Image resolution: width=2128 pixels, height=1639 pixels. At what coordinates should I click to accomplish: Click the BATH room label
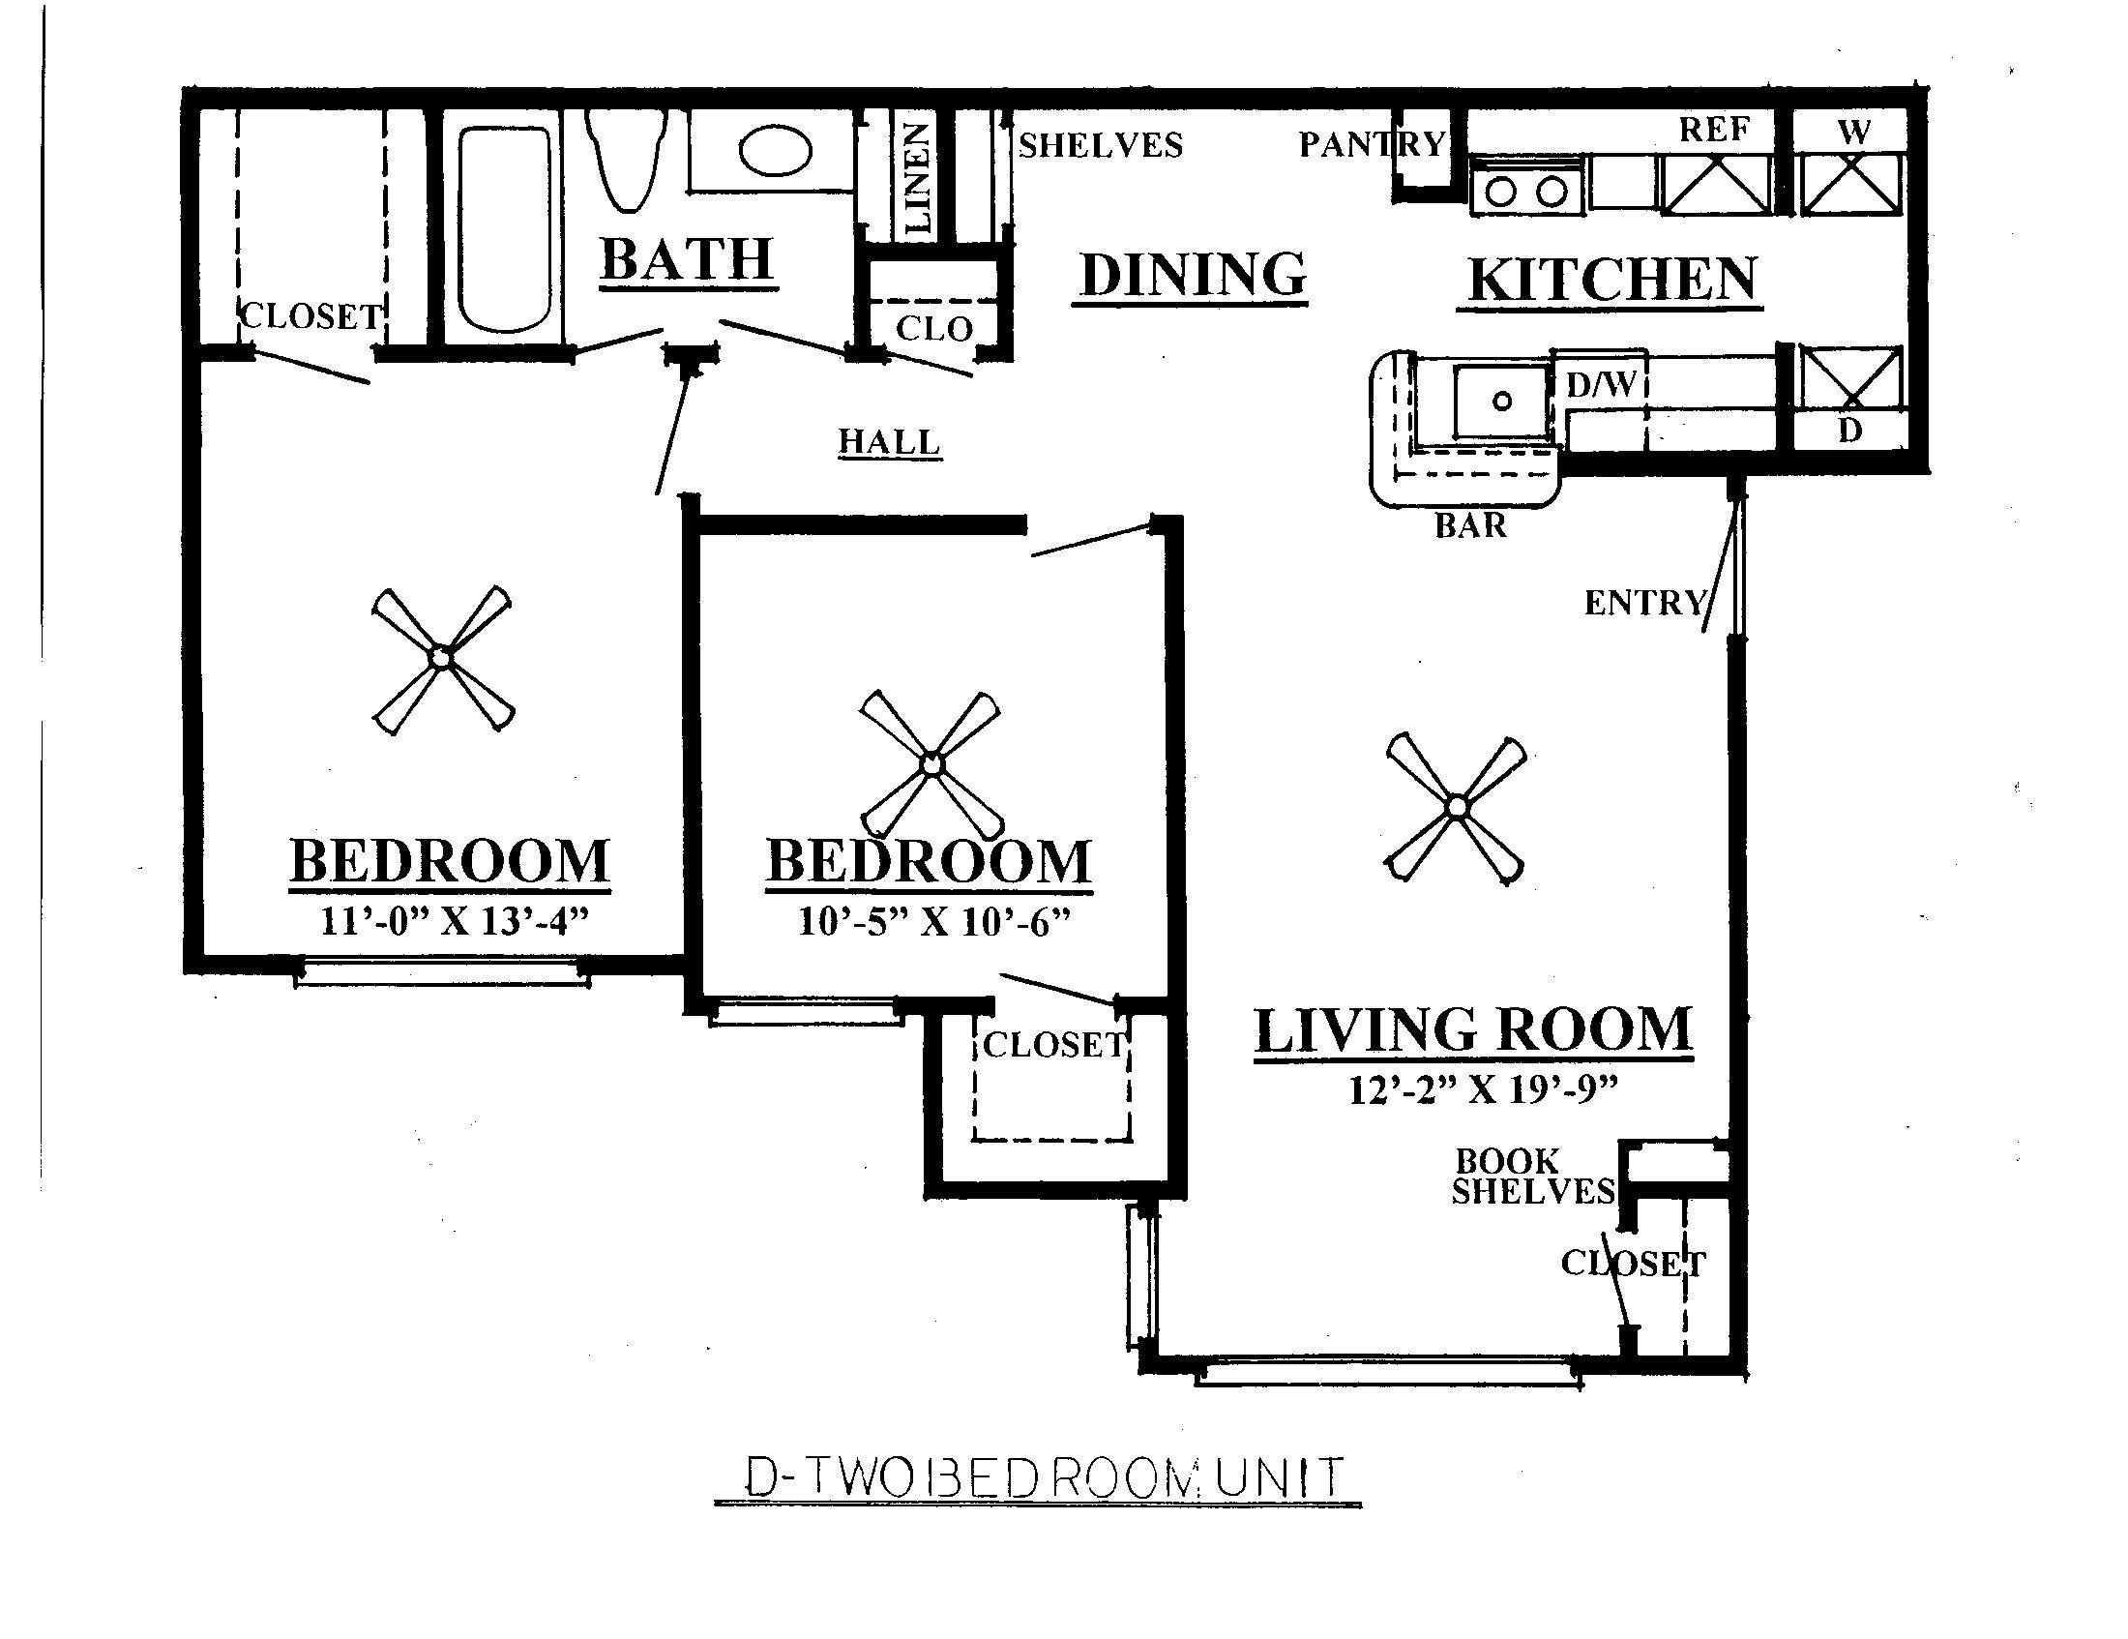[687, 259]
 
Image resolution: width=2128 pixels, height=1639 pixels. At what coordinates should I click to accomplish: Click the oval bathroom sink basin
[775, 151]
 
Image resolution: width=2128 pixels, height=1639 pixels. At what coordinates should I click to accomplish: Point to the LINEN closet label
[918, 178]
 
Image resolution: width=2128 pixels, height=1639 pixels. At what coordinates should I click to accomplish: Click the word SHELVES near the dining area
[1101, 146]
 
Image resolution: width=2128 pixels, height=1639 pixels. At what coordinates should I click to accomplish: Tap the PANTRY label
[1372, 144]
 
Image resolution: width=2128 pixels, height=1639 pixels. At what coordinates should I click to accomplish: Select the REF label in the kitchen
[1714, 129]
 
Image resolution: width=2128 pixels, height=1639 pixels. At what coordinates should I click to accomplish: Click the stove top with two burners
[1525, 191]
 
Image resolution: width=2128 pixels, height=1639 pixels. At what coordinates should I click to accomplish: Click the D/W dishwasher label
[1601, 386]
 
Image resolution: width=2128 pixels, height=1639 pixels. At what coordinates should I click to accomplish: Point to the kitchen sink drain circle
[1501, 401]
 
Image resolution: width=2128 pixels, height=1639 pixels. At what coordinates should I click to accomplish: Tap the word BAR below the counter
[1470, 526]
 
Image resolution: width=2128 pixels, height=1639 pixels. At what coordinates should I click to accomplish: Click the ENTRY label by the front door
[1644, 603]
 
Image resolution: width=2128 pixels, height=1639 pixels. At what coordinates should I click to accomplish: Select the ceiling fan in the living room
[1457, 808]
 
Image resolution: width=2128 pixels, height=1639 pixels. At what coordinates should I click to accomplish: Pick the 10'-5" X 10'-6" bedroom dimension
[934, 922]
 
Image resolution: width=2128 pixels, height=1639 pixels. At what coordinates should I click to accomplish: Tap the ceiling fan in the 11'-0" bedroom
[441, 659]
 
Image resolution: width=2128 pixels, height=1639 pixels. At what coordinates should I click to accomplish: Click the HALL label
[889, 442]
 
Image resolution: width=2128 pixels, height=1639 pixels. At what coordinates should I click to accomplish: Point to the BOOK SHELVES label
[1532, 1177]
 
